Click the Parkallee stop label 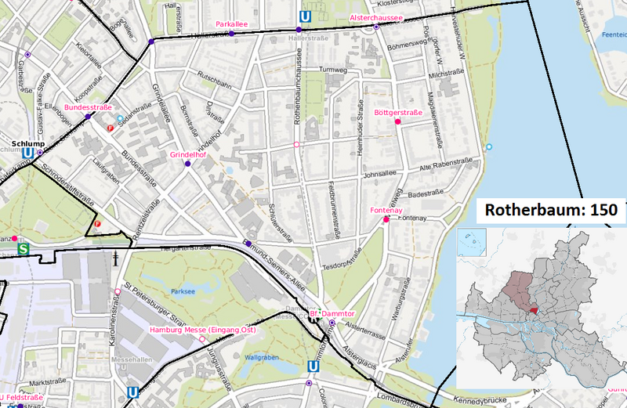[x=231, y=24]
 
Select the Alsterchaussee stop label [x=375, y=17]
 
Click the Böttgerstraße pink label [x=398, y=113]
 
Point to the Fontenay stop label [x=386, y=210]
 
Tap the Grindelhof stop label [x=187, y=155]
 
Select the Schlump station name [x=28, y=143]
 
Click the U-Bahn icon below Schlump [x=28, y=153]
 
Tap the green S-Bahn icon [x=23, y=249]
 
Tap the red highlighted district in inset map [x=535, y=310]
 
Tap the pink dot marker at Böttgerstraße [x=398, y=122]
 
